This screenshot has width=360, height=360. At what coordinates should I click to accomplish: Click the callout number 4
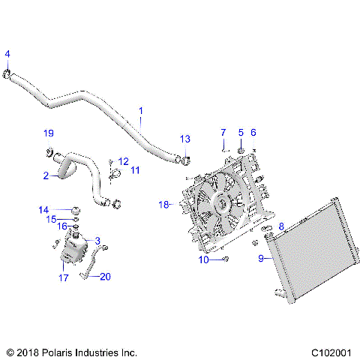pyautogui.click(x=7, y=53)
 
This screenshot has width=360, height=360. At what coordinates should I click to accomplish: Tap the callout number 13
pyautogui.click(x=185, y=139)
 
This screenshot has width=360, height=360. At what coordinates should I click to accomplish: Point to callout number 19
pyautogui.click(x=49, y=133)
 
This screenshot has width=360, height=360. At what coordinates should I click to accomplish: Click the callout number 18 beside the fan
pyautogui.click(x=164, y=203)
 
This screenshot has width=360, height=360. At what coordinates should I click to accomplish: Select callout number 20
pyautogui.click(x=105, y=277)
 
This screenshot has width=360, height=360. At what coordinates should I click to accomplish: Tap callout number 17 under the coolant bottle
pyautogui.click(x=64, y=277)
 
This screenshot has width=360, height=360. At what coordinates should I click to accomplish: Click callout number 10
pyautogui.click(x=202, y=259)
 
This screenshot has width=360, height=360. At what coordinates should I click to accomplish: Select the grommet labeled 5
pyautogui.click(x=241, y=152)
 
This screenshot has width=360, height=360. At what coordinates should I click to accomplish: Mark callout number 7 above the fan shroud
pyautogui.click(x=223, y=133)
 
